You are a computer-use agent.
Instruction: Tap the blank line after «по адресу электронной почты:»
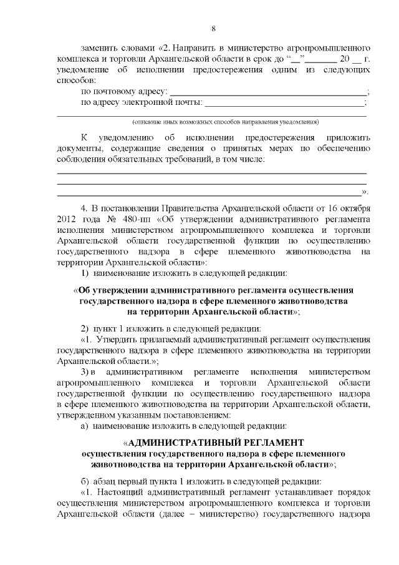click(284, 103)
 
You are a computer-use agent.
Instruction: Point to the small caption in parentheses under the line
click(225, 121)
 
